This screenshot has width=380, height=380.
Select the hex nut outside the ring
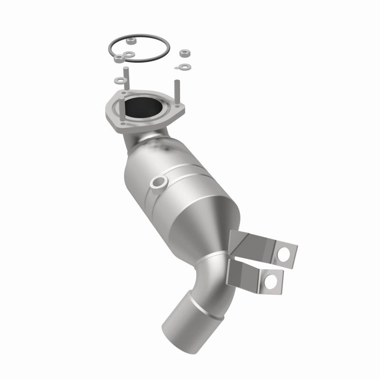coord(184,53)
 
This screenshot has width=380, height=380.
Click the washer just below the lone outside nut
coord(185,66)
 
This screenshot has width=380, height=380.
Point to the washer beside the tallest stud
coord(121,81)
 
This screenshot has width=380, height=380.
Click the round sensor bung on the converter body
coord(158,182)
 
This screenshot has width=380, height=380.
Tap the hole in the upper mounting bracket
coord(283,254)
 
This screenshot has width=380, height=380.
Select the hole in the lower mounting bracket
coord(271,280)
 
